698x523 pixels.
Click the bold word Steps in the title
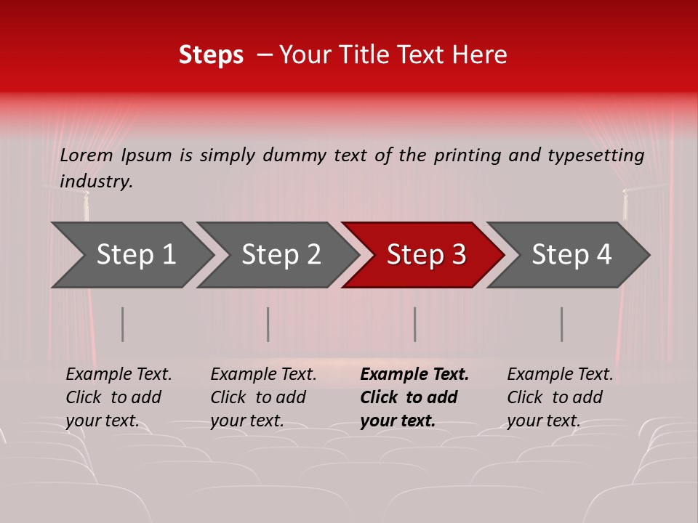tap(211, 55)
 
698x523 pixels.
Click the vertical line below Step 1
tap(123, 324)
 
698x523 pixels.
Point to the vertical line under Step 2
tap(268, 324)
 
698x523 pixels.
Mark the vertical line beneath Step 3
tap(415, 324)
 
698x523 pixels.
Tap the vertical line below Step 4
tap(562, 324)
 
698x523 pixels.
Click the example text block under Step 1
tap(119, 397)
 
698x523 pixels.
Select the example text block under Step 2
tap(263, 397)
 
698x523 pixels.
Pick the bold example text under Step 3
tap(414, 397)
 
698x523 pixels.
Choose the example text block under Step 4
tap(560, 397)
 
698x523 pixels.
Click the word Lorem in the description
tap(87, 155)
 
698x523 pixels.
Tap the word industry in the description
tap(96, 182)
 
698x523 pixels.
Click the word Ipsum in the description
tap(148, 155)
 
